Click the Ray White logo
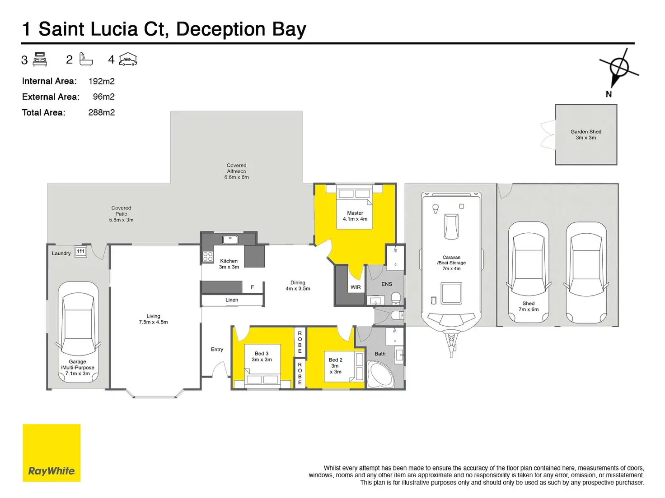(52, 452)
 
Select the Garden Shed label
(585, 134)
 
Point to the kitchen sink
(230, 239)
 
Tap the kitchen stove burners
(208, 257)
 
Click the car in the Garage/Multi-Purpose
(78, 332)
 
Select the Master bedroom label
(355, 216)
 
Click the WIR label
(356, 287)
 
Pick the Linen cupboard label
(232, 300)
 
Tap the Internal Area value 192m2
(102, 81)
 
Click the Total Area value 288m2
(102, 112)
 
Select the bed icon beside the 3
(40, 60)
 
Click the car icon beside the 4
(128, 60)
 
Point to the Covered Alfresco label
(236, 171)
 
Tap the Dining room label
(298, 286)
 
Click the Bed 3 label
(262, 356)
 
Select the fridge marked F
(252, 287)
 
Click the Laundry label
(61, 254)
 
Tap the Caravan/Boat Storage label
(451, 263)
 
